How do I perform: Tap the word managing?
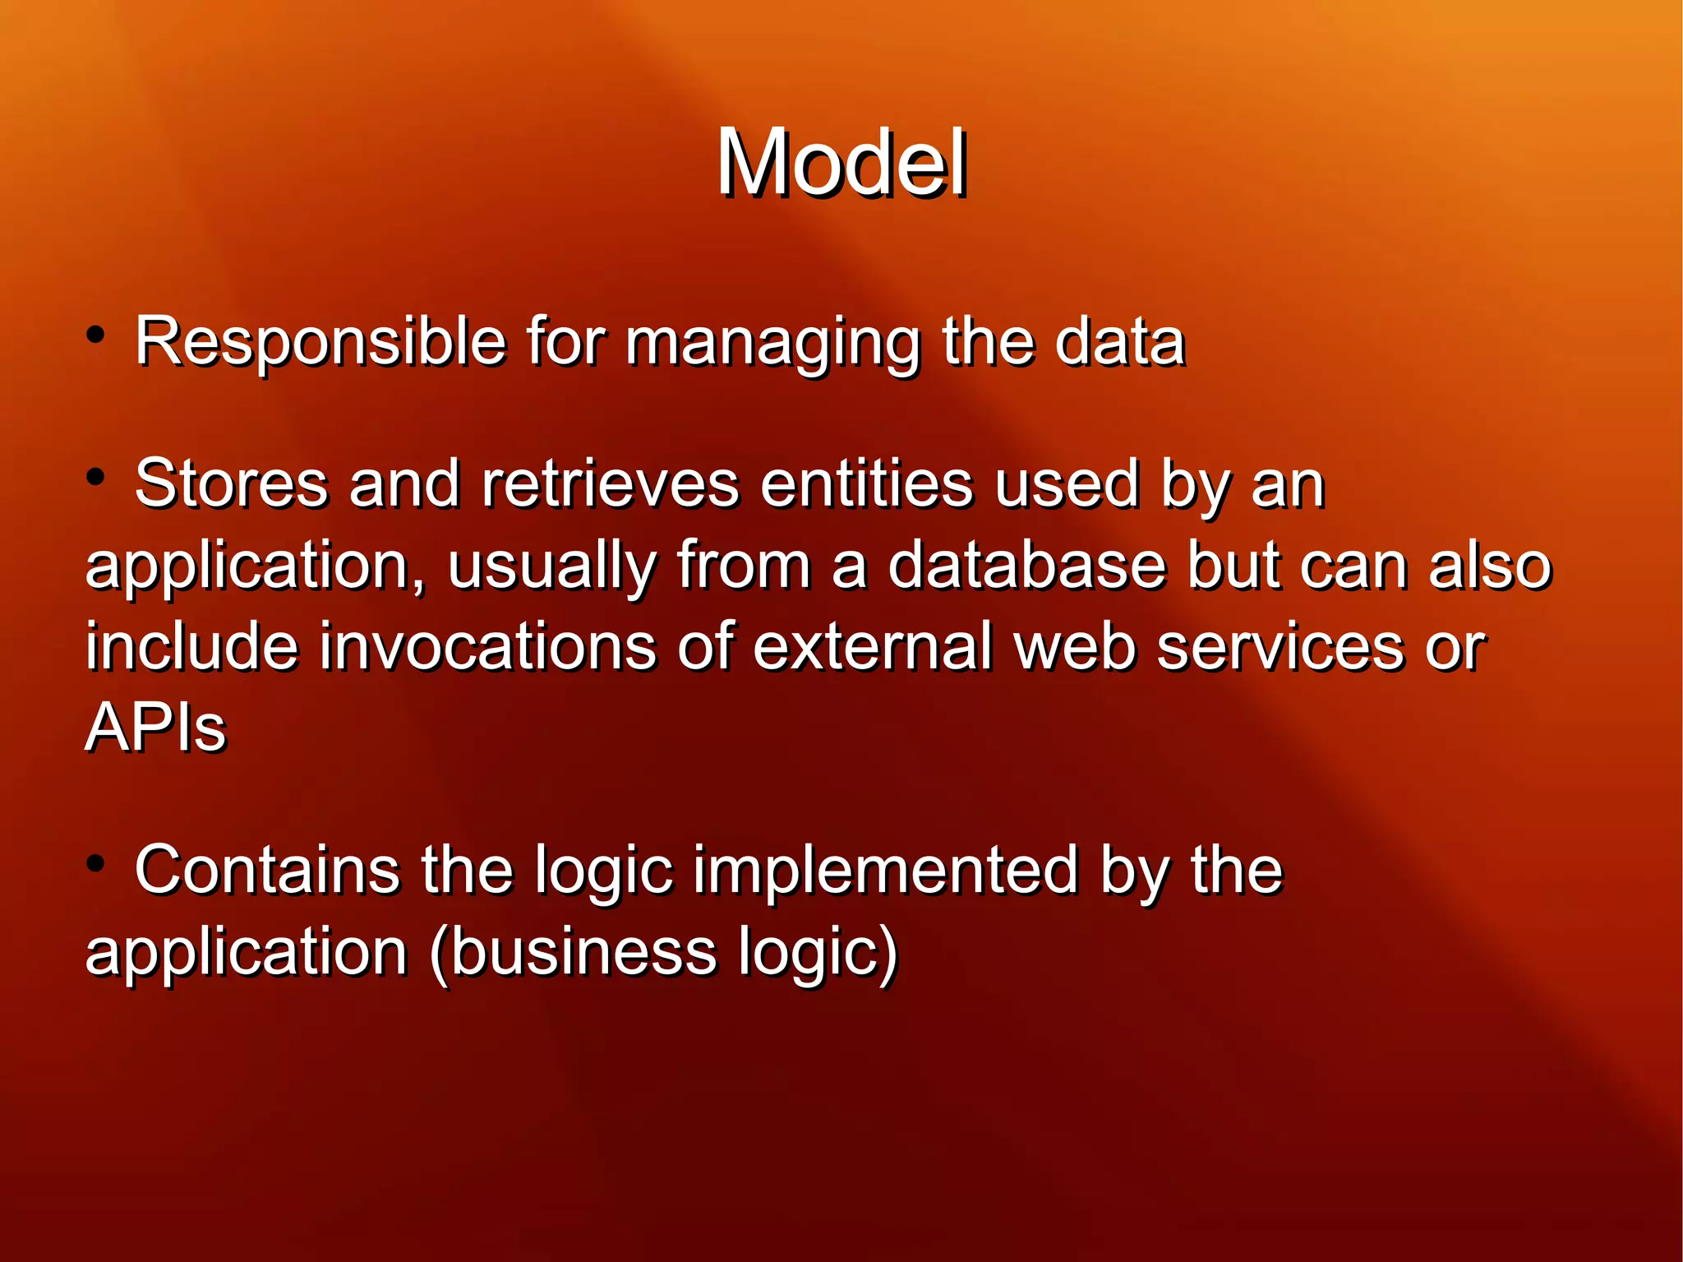772,342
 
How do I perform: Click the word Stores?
231,483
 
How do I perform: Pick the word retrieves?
610,483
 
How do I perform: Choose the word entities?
866,483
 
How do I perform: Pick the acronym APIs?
155,728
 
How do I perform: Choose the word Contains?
267,870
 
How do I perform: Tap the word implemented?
884,871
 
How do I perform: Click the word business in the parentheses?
583,952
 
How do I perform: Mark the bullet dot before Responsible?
96,335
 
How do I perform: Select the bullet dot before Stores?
96,477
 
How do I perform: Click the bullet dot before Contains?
96,864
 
